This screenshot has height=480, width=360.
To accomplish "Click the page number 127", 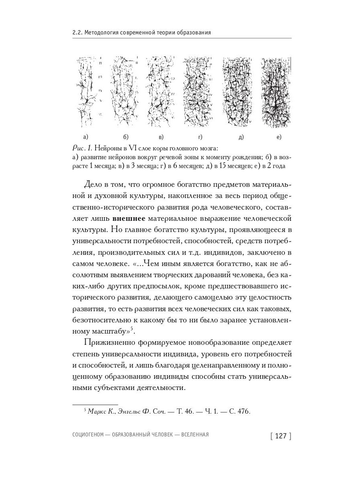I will (x=281, y=436).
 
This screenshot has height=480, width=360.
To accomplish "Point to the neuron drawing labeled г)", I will (x=199, y=92).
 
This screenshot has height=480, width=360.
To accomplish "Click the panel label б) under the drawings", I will (x=126, y=137).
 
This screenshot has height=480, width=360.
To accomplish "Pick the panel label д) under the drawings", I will (x=241, y=137).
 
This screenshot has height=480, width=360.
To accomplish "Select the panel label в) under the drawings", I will (x=161, y=137).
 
